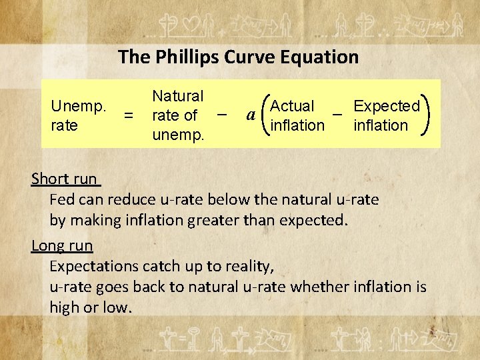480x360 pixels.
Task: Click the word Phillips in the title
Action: (184, 57)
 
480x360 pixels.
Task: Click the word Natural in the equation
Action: (178, 96)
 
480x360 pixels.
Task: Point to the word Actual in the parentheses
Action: (293, 106)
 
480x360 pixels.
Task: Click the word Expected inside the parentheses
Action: (387, 106)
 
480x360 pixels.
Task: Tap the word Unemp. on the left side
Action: (78, 106)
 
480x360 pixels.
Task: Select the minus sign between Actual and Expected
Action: (337, 114)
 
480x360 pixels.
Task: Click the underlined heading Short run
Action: (65, 179)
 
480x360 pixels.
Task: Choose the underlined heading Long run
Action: (62, 245)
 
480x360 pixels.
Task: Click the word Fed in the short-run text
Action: (61, 199)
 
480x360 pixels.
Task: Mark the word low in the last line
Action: (120, 307)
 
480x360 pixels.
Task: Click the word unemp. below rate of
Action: (179, 135)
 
